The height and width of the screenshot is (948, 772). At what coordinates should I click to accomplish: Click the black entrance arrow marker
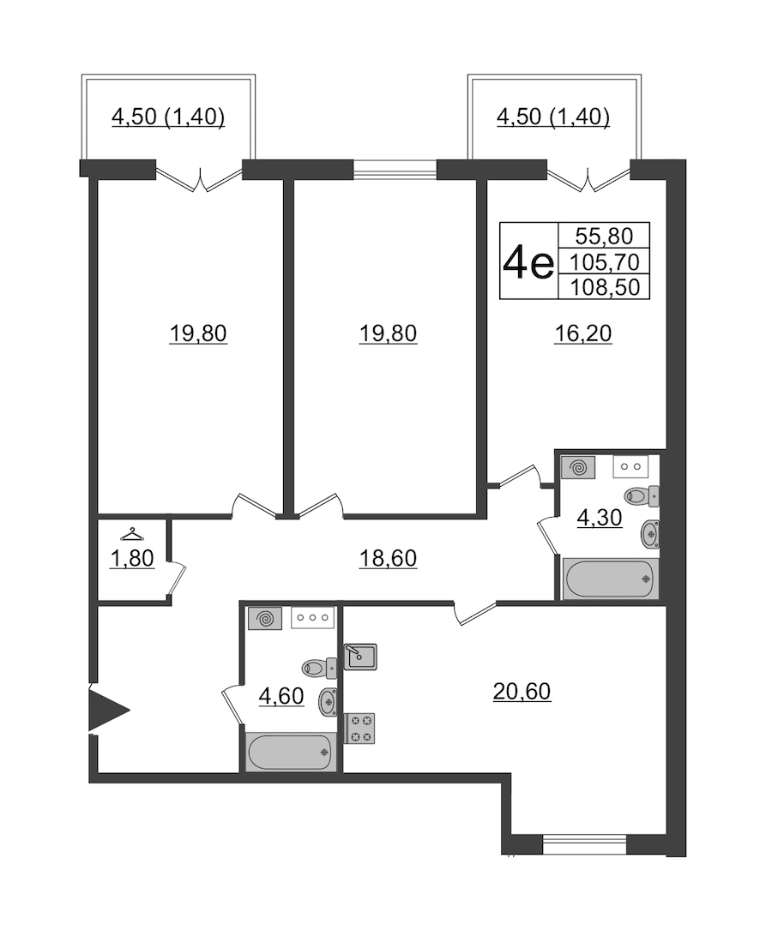point(108,710)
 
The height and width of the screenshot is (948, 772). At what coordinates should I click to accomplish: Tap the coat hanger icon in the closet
point(132,535)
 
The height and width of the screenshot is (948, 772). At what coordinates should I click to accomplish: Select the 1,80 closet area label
point(132,558)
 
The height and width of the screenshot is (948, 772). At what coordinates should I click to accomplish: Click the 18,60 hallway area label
point(388,558)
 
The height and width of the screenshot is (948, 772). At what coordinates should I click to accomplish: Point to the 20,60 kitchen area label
point(522,691)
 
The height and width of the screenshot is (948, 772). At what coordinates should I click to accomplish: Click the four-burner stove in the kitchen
point(359,729)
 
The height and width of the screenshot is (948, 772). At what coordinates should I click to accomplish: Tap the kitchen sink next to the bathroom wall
point(360,657)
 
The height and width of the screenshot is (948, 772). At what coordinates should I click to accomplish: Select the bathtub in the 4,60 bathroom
point(291,752)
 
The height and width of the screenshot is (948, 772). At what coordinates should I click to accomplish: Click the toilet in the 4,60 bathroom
point(319,668)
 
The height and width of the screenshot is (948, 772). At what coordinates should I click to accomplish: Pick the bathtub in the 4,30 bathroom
point(611,579)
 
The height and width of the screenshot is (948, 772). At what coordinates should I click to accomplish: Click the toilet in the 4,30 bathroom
point(642,496)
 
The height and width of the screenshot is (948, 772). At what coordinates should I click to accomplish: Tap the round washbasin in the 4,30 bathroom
point(650,534)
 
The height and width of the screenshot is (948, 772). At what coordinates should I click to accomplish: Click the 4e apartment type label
point(528,262)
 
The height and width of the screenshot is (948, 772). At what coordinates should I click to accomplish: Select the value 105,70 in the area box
point(605,261)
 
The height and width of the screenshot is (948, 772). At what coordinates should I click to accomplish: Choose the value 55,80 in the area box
point(604,235)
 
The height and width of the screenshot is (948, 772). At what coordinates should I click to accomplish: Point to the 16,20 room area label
point(583,333)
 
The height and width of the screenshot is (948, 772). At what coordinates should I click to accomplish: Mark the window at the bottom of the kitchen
point(584,843)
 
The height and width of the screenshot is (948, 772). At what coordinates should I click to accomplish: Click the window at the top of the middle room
point(395,170)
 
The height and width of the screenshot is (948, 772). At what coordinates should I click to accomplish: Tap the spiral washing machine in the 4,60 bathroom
point(264,619)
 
